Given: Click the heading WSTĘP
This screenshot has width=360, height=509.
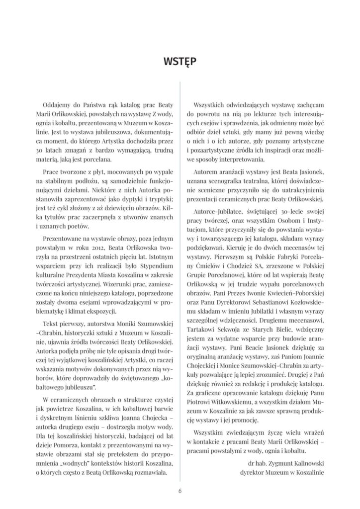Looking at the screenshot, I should (180, 62).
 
